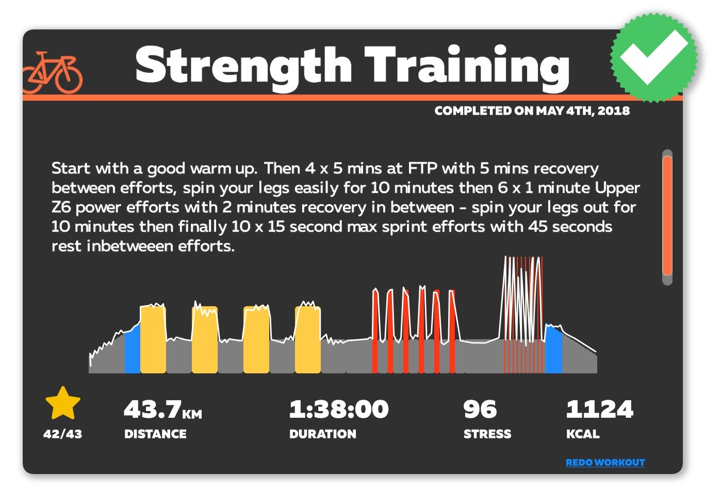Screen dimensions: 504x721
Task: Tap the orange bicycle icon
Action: (x=53, y=72)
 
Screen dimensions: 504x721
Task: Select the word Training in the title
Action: (x=467, y=66)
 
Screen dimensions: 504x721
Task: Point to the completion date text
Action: (x=532, y=111)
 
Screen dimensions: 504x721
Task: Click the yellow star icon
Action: (x=63, y=404)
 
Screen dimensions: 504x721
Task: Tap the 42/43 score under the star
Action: (x=62, y=434)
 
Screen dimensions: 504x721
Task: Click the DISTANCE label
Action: (x=155, y=434)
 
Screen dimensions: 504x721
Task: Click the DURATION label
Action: (x=322, y=434)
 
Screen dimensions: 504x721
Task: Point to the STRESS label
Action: (x=487, y=434)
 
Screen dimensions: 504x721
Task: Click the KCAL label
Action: (x=583, y=434)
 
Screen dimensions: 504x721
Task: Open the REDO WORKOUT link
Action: (x=605, y=463)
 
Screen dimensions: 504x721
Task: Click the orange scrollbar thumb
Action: (x=667, y=216)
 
